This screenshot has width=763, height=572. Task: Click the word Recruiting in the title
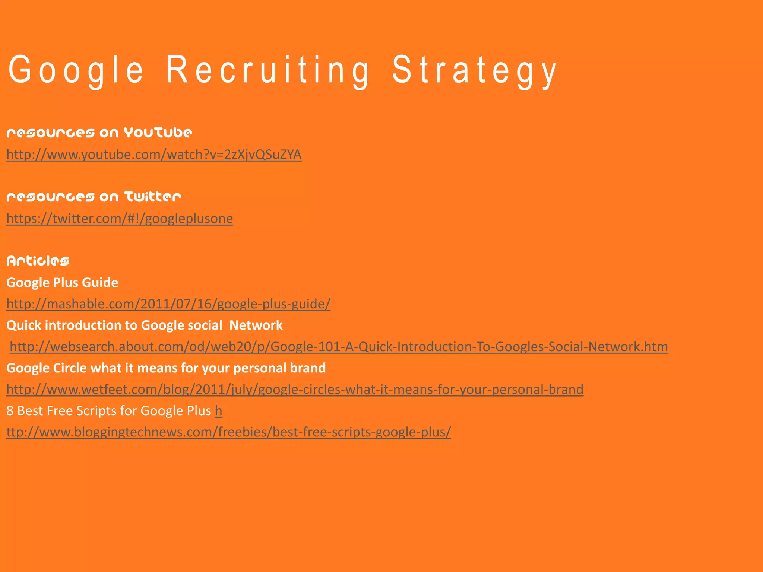point(267,70)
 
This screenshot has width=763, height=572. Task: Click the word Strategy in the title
point(475,70)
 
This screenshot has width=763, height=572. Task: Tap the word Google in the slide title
point(76,70)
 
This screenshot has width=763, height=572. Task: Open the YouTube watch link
point(154,154)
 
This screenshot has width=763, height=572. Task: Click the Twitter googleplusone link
point(120,218)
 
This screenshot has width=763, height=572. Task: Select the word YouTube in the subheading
point(158,133)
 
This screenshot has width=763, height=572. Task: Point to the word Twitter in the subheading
point(153,197)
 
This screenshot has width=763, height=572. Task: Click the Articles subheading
point(38,261)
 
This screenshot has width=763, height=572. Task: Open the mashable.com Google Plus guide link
point(168,304)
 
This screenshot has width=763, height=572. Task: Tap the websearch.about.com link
point(339,347)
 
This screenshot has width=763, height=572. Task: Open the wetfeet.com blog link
point(295,390)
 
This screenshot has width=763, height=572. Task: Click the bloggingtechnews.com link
point(228,432)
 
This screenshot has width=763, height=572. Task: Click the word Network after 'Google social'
point(256,325)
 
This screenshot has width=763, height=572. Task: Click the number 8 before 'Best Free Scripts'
point(10,411)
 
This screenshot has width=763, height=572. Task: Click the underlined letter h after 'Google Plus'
point(219,411)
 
